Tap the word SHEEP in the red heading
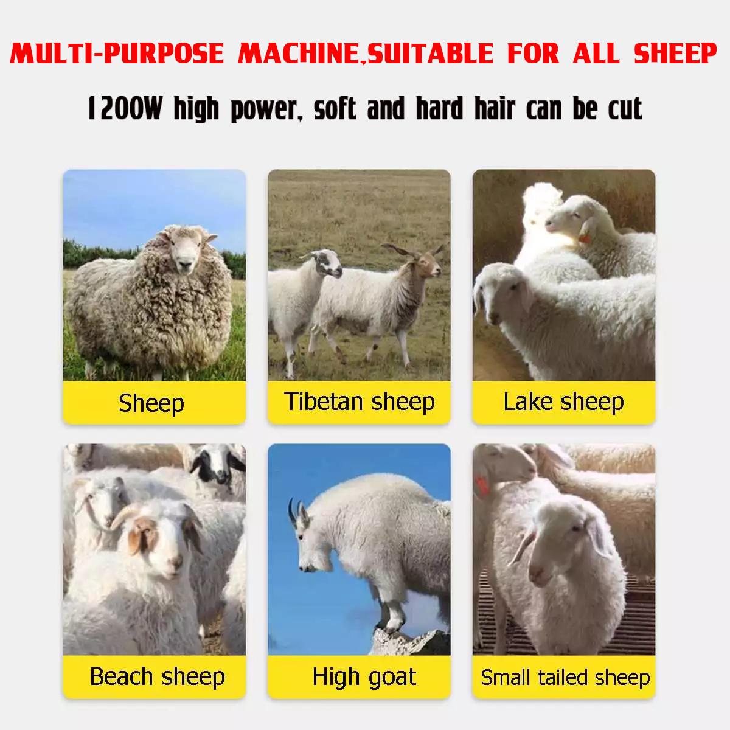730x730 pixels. point(675,53)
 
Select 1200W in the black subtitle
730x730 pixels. point(125,109)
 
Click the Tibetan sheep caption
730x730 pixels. point(359,401)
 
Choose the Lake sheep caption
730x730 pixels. point(563,401)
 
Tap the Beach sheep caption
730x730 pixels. point(157,676)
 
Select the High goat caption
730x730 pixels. point(364,676)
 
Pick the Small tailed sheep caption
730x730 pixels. point(565,677)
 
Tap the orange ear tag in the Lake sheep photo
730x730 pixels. point(585,238)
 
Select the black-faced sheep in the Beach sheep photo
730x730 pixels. point(217,465)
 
